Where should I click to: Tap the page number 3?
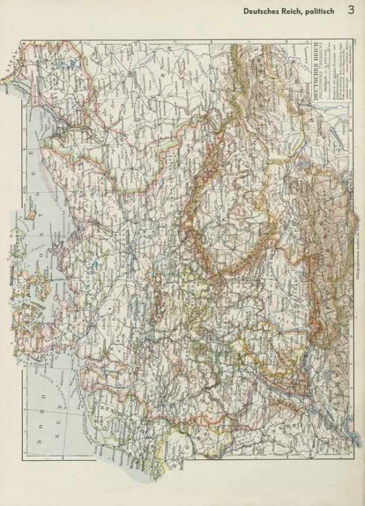[350, 9]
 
